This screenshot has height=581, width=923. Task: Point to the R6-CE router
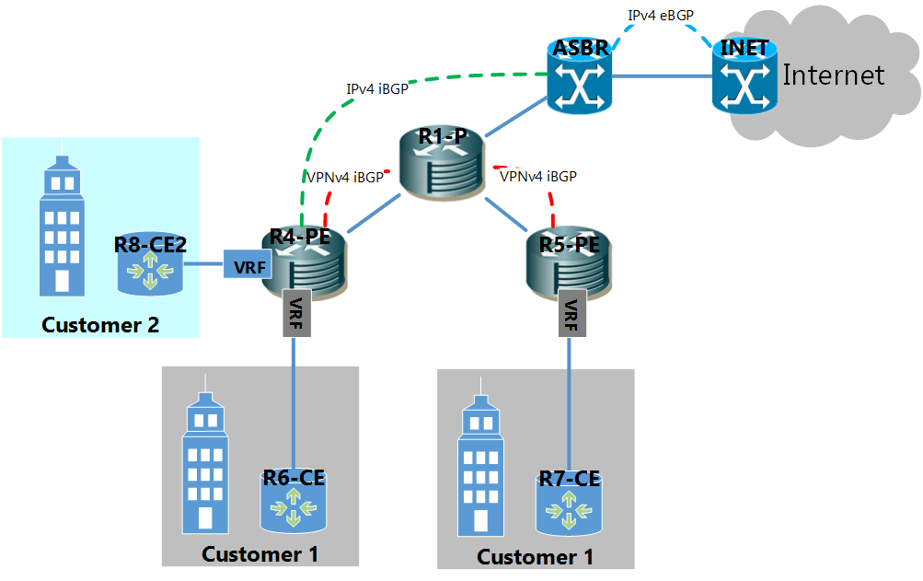(x=294, y=501)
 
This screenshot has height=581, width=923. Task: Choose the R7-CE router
(x=569, y=503)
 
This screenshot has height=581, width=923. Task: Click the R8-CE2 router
(x=150, y=264)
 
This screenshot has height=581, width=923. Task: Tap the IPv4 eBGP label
(x=660, y=16)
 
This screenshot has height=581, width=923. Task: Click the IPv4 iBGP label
(x=376, y=89)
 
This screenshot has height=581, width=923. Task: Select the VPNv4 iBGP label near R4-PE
(x=343, y=178)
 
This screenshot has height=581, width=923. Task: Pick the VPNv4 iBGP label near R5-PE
(x=537, y=176)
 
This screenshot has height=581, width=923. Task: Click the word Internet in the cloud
(x=833, y=75)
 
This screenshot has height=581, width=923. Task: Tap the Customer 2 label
(x=100, y=325)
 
